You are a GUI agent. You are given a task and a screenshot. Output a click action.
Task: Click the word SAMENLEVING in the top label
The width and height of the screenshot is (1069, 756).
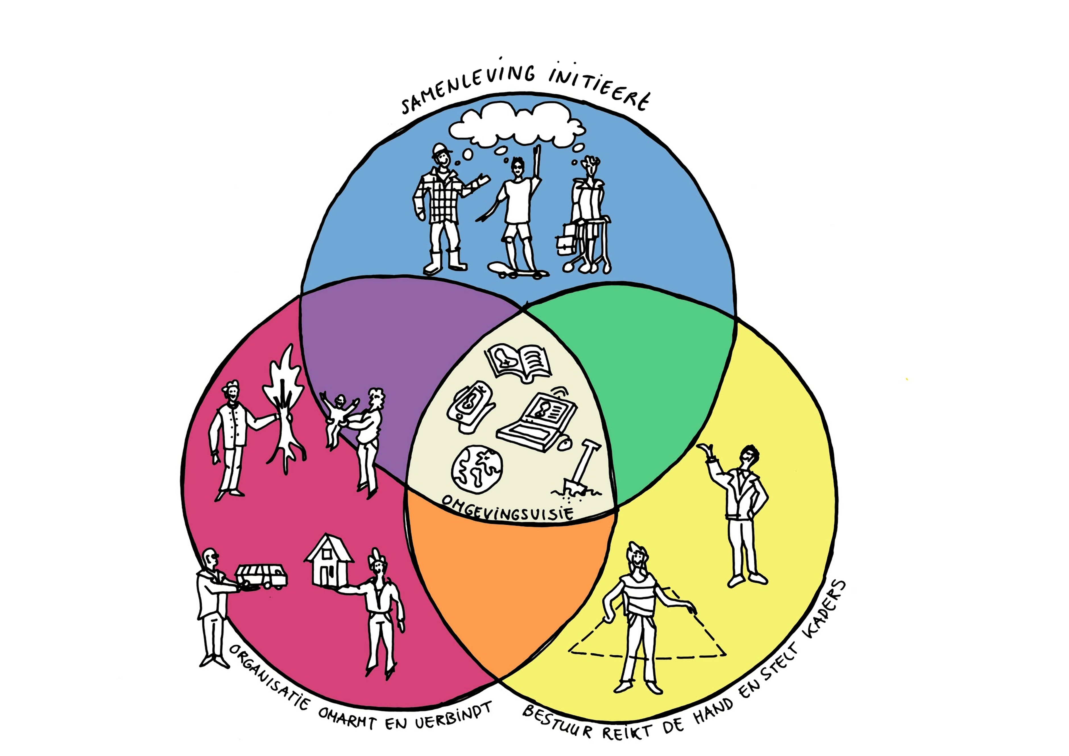(468, 88)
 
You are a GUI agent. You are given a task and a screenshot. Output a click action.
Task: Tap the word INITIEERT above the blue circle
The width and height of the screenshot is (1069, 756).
(598, 88)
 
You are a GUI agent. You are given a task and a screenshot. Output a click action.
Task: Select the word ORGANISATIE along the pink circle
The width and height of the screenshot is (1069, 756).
(268, 677)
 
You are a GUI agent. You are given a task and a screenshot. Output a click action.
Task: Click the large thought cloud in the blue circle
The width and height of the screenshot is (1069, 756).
(517, 123)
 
